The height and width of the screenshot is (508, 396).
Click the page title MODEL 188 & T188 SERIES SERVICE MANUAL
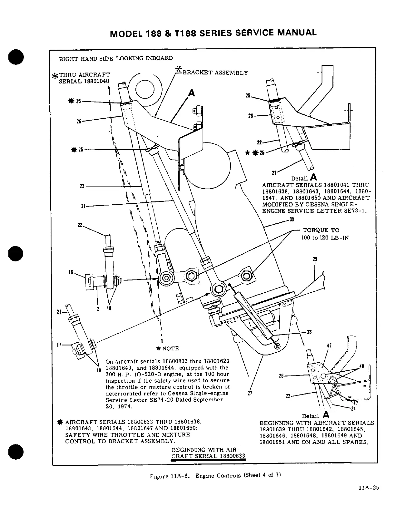[213, 33]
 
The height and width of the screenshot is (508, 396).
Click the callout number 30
[292, 220]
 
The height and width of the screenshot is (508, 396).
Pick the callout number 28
[309, 332]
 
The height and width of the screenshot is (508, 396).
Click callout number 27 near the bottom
[250, 393]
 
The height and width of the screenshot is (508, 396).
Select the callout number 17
[59, 345]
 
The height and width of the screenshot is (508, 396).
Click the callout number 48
[361, 366]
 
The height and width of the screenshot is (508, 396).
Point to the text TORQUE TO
[321, 230]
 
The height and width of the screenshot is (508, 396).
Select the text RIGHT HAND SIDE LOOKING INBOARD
[115, 58]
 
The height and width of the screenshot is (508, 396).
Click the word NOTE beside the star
[170, 348]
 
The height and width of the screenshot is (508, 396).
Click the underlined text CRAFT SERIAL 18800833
[208, 456]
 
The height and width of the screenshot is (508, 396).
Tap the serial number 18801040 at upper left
[97, 81]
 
